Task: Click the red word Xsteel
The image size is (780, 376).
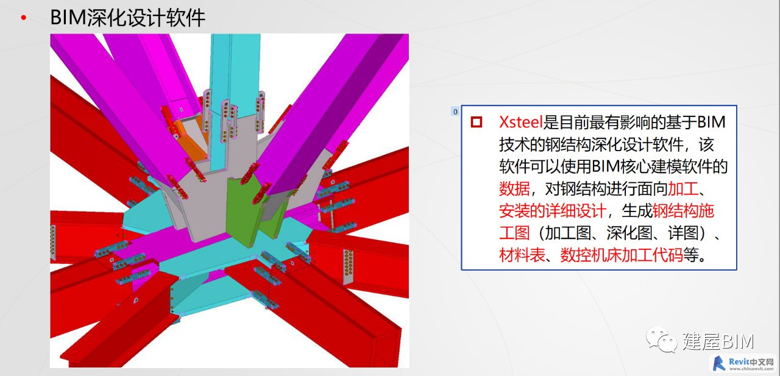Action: (520, 122)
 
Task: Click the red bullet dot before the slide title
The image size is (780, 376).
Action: (23, 18)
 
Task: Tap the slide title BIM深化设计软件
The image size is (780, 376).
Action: (128, 18)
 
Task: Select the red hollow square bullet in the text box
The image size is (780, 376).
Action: (476, 122)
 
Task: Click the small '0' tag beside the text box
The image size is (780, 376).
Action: (455, 112)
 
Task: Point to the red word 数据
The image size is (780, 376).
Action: (514, 189)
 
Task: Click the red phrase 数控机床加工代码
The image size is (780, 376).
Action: (621, 255)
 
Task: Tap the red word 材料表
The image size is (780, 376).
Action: (522, 255)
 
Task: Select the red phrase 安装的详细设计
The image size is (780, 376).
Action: (552, 211)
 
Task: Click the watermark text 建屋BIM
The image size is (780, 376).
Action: (718, 341)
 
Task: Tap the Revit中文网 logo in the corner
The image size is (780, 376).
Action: (743, 364)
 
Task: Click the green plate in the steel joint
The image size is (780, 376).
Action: (240, 209)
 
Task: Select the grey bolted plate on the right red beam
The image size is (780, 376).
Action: (348, 267)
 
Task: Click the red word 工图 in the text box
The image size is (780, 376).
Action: (514, 233)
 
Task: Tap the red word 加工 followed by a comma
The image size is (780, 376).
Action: (683, 189)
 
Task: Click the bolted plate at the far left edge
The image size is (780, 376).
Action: (53, 243)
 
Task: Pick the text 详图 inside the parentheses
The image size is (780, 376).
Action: (683, 233)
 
